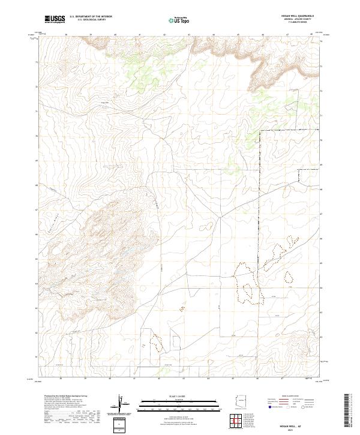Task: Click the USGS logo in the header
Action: (55, 19)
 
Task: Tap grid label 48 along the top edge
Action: (311, 35)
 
